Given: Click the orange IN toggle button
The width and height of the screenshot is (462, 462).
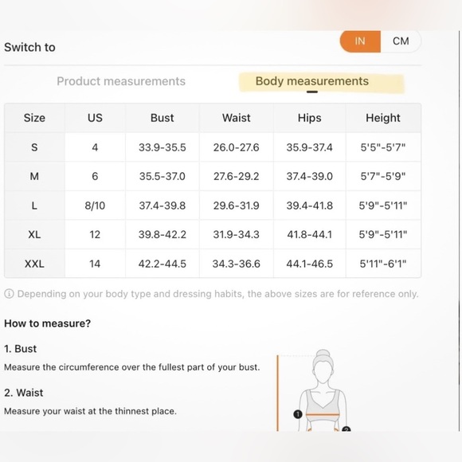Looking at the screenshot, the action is (x=360, y=41).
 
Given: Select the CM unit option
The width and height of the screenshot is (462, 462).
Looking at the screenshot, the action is (x=401, y=41).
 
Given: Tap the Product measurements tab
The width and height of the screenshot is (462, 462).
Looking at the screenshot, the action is (x=121, y=81).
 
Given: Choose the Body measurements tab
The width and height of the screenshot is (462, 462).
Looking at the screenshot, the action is (x=312, y=81).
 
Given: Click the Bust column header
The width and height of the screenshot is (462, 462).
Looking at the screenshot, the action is (x=162, y=118).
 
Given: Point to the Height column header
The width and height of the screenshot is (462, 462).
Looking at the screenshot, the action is (x=383, y=118).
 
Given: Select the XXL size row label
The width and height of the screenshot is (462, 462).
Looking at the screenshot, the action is (x=34, y=264).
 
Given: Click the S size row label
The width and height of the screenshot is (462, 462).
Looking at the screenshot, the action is (x=34, y=147).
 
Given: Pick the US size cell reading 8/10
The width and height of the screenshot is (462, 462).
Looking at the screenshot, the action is (x=95, y=206).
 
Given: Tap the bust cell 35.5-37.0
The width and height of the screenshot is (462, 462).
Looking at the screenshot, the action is (x=162, y=176).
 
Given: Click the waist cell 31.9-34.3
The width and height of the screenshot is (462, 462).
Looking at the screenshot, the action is (x=237, y=234).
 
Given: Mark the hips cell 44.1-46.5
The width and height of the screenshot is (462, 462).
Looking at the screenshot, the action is (x=310, y=264).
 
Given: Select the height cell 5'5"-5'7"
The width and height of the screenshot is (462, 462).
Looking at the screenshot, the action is (x=383, y=147).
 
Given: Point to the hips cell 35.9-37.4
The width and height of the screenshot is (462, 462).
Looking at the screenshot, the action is (x=310, y=147).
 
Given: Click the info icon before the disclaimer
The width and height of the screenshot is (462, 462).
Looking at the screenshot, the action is (x=9, y=294).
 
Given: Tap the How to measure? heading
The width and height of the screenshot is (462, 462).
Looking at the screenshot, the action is (x=48, y=323).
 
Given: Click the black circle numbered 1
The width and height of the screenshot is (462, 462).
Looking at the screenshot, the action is (x=298, y=414).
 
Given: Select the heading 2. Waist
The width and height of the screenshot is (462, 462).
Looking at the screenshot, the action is (x=24, y=393).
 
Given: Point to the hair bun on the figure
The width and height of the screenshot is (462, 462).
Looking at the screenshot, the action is (x=323, y=354).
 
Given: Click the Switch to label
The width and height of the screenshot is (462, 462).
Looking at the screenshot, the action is (x=29, y=47).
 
